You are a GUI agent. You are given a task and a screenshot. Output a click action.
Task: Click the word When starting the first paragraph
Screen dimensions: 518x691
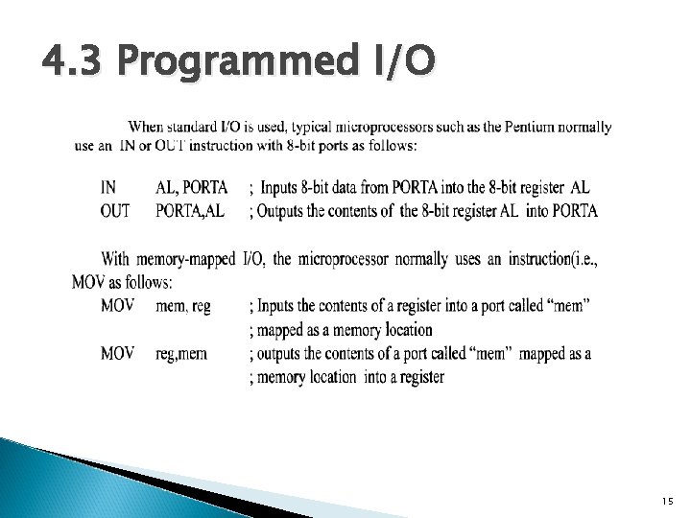147,128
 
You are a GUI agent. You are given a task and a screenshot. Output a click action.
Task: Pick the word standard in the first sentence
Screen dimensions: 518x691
200,128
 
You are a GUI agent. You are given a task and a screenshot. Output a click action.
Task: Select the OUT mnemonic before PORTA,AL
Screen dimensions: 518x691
115,210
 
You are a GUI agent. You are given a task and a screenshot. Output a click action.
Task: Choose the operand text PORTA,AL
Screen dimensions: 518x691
190,210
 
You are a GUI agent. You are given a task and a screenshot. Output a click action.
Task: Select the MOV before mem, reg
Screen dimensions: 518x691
118,306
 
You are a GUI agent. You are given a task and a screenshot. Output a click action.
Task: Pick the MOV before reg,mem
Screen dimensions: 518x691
118,354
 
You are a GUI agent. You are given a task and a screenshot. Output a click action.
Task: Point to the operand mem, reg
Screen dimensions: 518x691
182,306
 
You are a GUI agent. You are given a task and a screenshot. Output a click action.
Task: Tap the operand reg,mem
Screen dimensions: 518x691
180,354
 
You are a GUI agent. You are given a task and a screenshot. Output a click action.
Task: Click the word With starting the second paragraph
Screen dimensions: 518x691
115,259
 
